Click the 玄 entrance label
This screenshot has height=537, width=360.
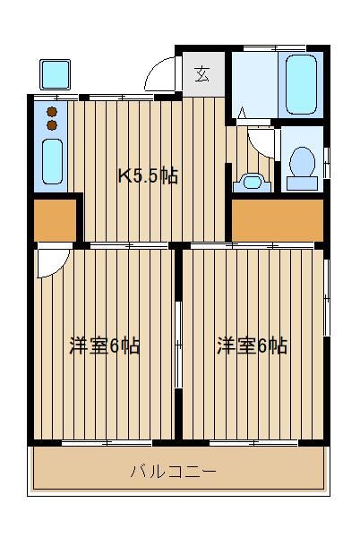coord(202,74)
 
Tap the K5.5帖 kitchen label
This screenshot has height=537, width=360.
coord(148,175)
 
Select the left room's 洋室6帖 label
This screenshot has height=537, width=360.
coord(105,345)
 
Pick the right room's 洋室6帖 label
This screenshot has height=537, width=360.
coord(253,345)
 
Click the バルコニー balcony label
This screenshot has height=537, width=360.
coord(173,472)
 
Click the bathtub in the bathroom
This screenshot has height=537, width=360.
coord(301,84)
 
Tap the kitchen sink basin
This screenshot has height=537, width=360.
coord(52,161)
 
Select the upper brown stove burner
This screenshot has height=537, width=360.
coord(52,111)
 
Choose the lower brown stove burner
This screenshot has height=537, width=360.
coord(52,125)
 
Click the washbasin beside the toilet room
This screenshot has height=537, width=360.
coord(253,183)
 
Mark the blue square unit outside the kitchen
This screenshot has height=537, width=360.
coord(55,74)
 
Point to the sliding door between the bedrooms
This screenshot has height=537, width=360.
coord(178,345)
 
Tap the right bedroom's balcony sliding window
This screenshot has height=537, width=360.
coord(253,442)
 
